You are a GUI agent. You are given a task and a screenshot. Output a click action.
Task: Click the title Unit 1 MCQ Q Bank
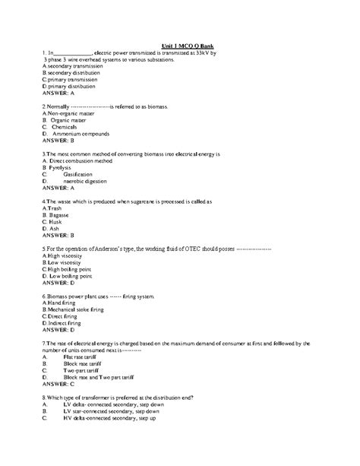[x=194, y=46]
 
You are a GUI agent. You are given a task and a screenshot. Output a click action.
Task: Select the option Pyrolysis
[x=63, y=167]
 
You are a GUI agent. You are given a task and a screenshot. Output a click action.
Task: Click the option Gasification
[x=82, y=174]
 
